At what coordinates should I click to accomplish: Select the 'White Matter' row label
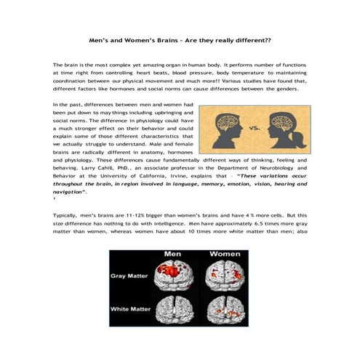[x=131, y=311]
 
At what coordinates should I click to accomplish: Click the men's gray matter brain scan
[x=175, y=278]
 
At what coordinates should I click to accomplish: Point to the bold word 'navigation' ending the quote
[x=69, y=193]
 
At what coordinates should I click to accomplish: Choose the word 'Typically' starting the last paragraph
[x=65, y=217]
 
